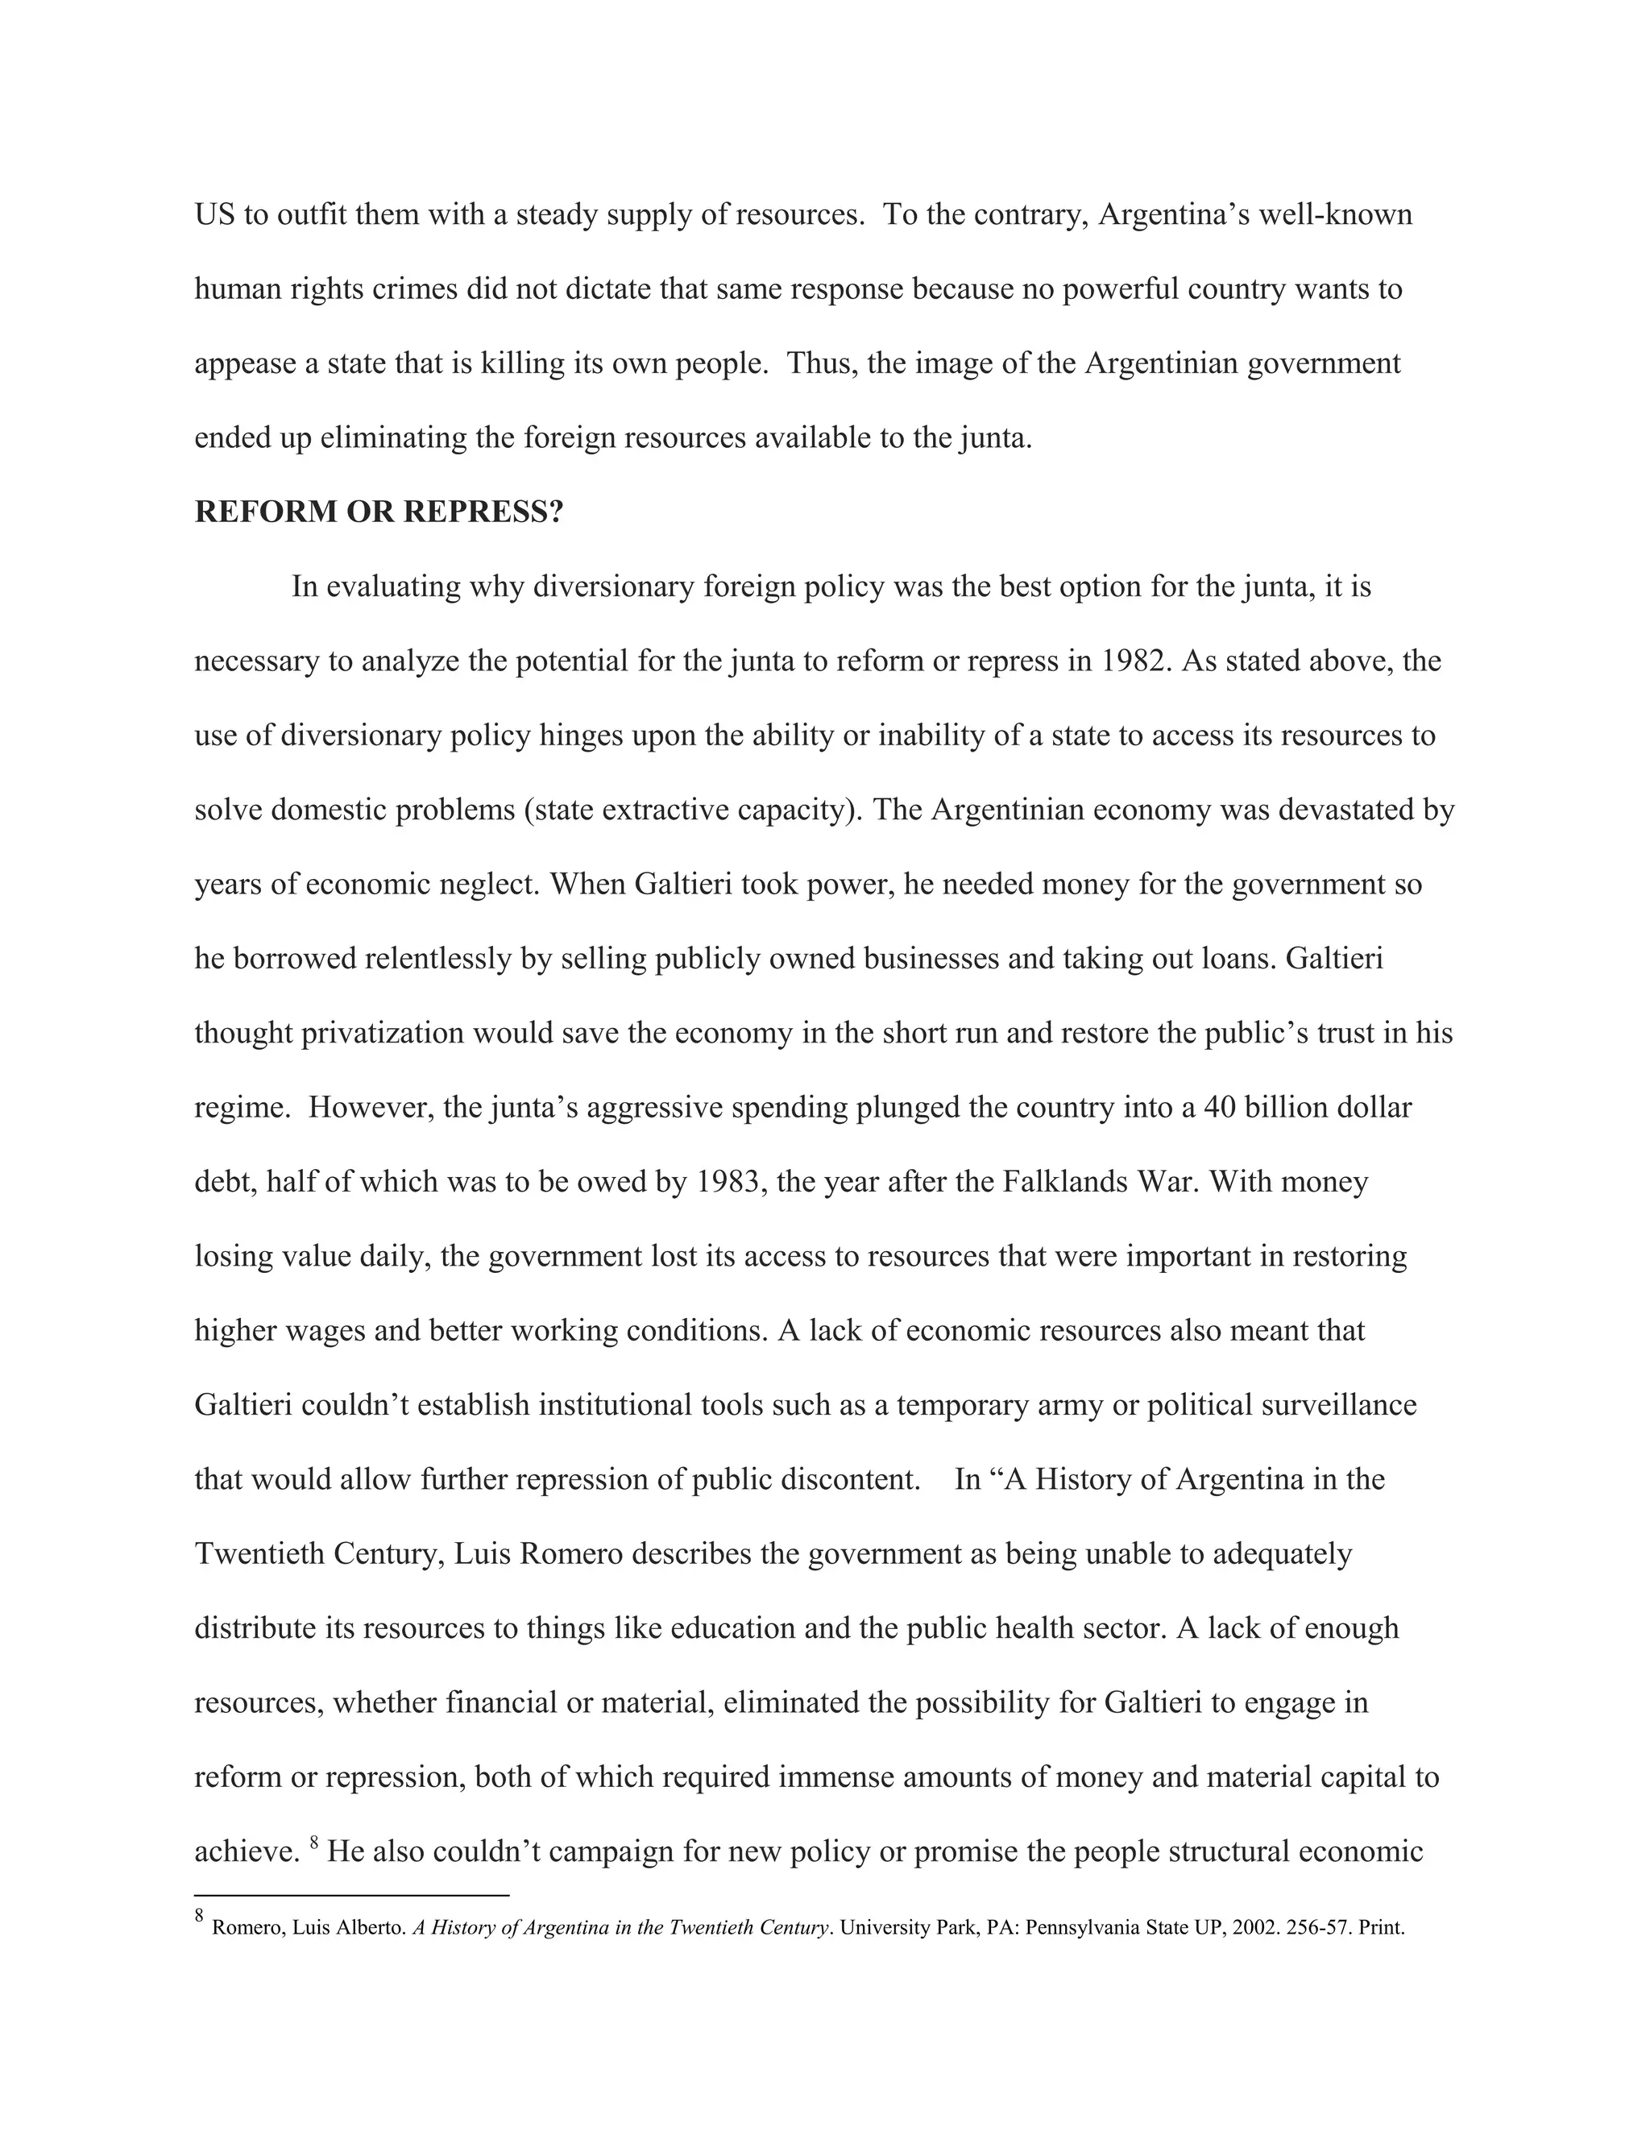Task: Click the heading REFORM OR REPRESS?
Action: click(x=379, y=512)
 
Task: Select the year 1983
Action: click(x=728, y=1182)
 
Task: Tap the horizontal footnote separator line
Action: click(x=352, y=1896)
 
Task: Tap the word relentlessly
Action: click(x=438, y=959)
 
